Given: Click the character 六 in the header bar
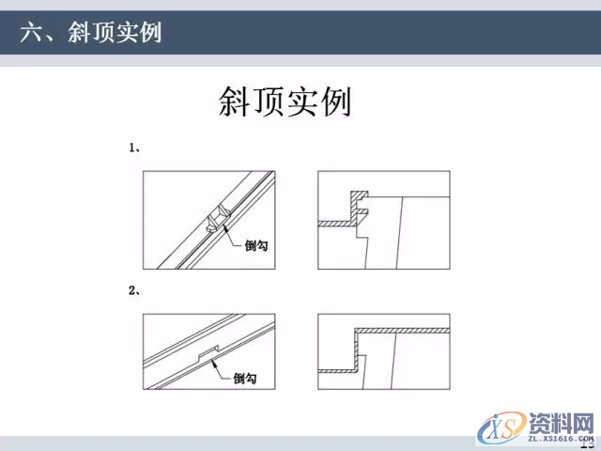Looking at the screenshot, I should pos(31,33).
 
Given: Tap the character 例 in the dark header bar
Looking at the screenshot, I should pos(149,33).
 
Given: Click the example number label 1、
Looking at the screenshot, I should pos(134,148).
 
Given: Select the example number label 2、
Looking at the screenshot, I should pos(134,290).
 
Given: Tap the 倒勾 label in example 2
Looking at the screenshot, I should pos(244,379).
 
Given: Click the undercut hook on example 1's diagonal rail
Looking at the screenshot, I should pos(215,221).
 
